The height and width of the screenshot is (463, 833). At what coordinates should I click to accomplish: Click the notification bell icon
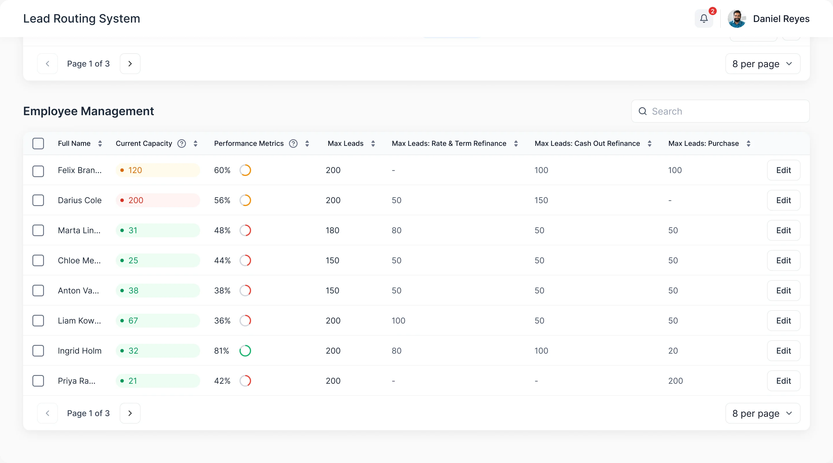pyautogui.click(x=704, y=19)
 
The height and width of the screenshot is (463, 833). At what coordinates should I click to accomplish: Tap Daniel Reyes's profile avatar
pyautogui.click(x=737, y=19)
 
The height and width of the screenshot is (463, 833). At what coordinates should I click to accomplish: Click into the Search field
pyautogui.click(x=720, y=111)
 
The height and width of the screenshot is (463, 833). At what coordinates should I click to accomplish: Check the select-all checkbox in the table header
pyautogui.click(x=38, y=143)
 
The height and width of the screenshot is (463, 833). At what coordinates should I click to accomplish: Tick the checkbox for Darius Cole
pyautogui.click(x=38, y=200)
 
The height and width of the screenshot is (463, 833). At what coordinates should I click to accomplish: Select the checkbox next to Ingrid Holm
pyautogui.click(x=38, y=351)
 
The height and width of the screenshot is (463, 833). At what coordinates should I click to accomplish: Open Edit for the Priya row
pyautogui.click(x=784, y=381)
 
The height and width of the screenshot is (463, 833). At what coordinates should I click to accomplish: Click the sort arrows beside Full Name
pyautogui.click(x=100, y=143)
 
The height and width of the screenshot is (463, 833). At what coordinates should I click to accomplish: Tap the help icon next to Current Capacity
pyautogui.click(x=182, y=143)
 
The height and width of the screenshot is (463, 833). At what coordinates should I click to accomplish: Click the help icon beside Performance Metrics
pyautogui.click(x=293, y=143)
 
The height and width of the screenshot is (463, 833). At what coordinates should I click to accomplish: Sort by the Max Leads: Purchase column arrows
pyautogui.click(x=748, y=143)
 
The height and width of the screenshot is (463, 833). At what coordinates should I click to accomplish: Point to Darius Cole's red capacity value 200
pyautogui.click(x=136, y=200)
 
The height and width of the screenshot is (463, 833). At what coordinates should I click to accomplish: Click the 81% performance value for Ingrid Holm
pyautogui.click(x=222, y=351)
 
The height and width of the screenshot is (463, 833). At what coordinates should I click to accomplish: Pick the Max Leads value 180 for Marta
pyautogui.click(x=332, y=230)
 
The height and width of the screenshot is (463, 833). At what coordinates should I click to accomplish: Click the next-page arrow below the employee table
pyautogui.click(x=130, y=413)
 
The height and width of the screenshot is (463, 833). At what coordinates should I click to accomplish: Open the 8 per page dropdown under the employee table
pyautogui.click(x=762, y=413)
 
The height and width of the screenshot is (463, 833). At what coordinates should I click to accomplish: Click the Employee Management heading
pyautogui.click(x=89, y=111)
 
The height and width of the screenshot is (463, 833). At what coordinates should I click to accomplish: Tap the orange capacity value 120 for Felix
pyautogui.click(x=135, y=170)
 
